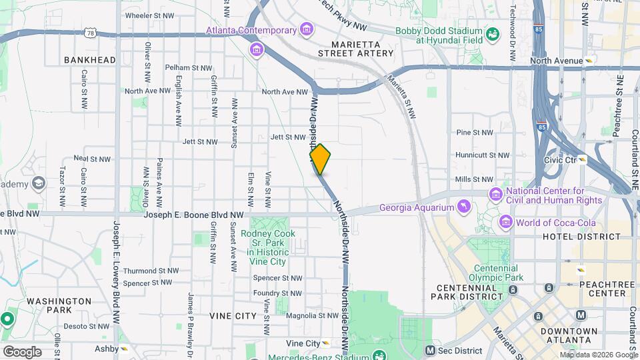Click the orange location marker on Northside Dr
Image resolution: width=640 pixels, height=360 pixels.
(x=320, y=159)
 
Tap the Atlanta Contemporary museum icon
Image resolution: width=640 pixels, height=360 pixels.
(x=306, y=29)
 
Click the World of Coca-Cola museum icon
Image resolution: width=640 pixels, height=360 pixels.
(x=506, y=221)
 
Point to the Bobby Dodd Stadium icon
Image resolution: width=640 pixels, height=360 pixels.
(x=493, y=34)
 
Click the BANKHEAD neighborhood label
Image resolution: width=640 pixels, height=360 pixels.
(x=90, y=60)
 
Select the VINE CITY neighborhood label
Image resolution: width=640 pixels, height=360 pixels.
(x=233, y=315)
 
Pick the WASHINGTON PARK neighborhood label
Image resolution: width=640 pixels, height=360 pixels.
(x=59, y=305)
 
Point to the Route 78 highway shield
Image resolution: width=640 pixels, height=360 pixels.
(x=91, y=31)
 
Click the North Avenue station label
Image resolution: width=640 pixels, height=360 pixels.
(x=556, y=61)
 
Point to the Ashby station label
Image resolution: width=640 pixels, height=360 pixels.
(x=107, y=348)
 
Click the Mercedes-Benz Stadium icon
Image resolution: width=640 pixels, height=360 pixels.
(x=379, y=355)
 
